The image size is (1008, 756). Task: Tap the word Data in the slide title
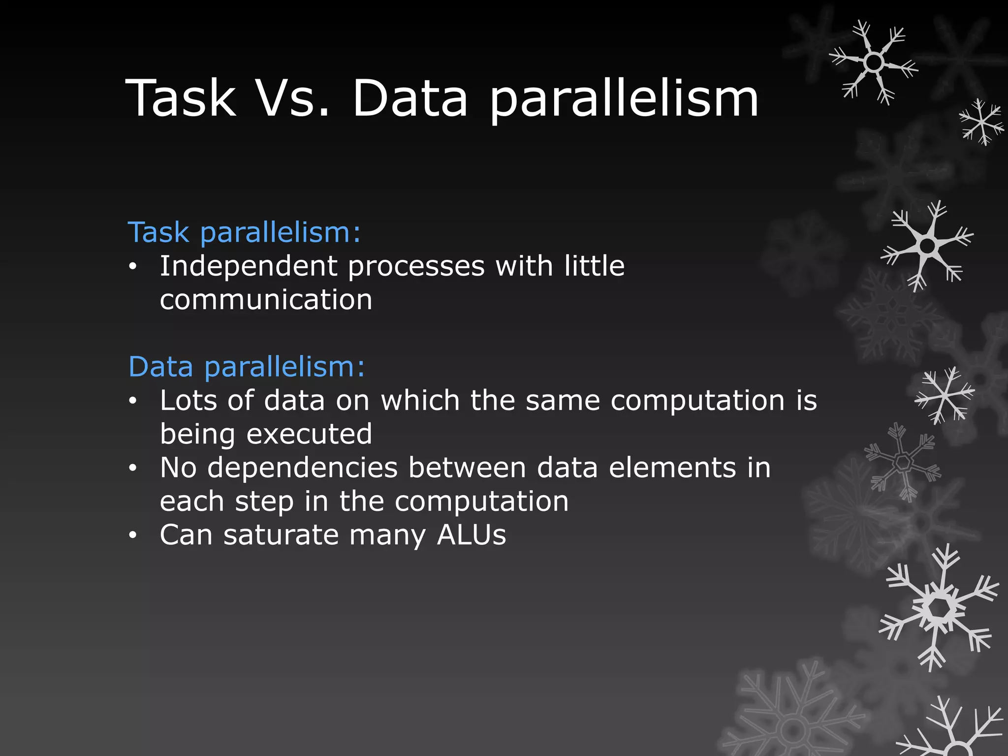coord(410,98)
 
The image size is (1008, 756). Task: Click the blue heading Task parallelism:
coord(244,232)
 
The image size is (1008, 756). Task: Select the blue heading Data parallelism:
coord(247,367)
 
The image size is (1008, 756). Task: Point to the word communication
coord(266,300)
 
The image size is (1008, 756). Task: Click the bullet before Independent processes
coord(132,267)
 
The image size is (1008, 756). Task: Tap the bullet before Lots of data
coord(132,402)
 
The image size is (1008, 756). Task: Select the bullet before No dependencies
coord(132,469)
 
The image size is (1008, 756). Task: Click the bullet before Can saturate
coord(132,535)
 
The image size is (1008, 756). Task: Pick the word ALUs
coord(472,535)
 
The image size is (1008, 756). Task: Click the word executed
coord(309,434)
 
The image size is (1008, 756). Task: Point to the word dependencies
coord(302,468)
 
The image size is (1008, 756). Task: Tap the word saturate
coord(281,535)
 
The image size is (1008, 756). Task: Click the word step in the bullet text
coord(264,502)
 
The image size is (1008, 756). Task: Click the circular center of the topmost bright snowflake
coord(874,63)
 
